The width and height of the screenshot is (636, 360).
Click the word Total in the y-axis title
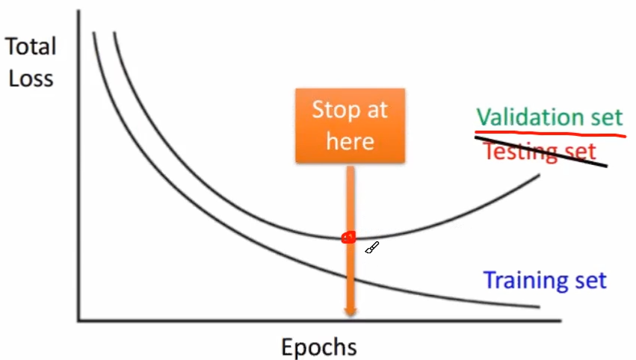(31, 47)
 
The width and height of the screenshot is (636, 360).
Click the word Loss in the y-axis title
(31, 78)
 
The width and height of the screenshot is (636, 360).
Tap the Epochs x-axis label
(318, 347)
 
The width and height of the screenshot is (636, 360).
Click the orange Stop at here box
(350, 125)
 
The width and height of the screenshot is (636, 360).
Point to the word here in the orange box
(350, 141)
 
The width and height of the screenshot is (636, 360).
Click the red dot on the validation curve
(348, 238)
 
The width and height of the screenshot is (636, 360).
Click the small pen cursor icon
(372, 248)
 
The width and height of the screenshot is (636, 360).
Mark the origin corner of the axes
(78, 321)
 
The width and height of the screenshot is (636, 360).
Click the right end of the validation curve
(539, 175)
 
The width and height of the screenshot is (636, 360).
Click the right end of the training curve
(539, 306)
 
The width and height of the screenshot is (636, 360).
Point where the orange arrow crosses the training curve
(350, 279)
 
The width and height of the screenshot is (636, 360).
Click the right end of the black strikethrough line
(606, 165)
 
